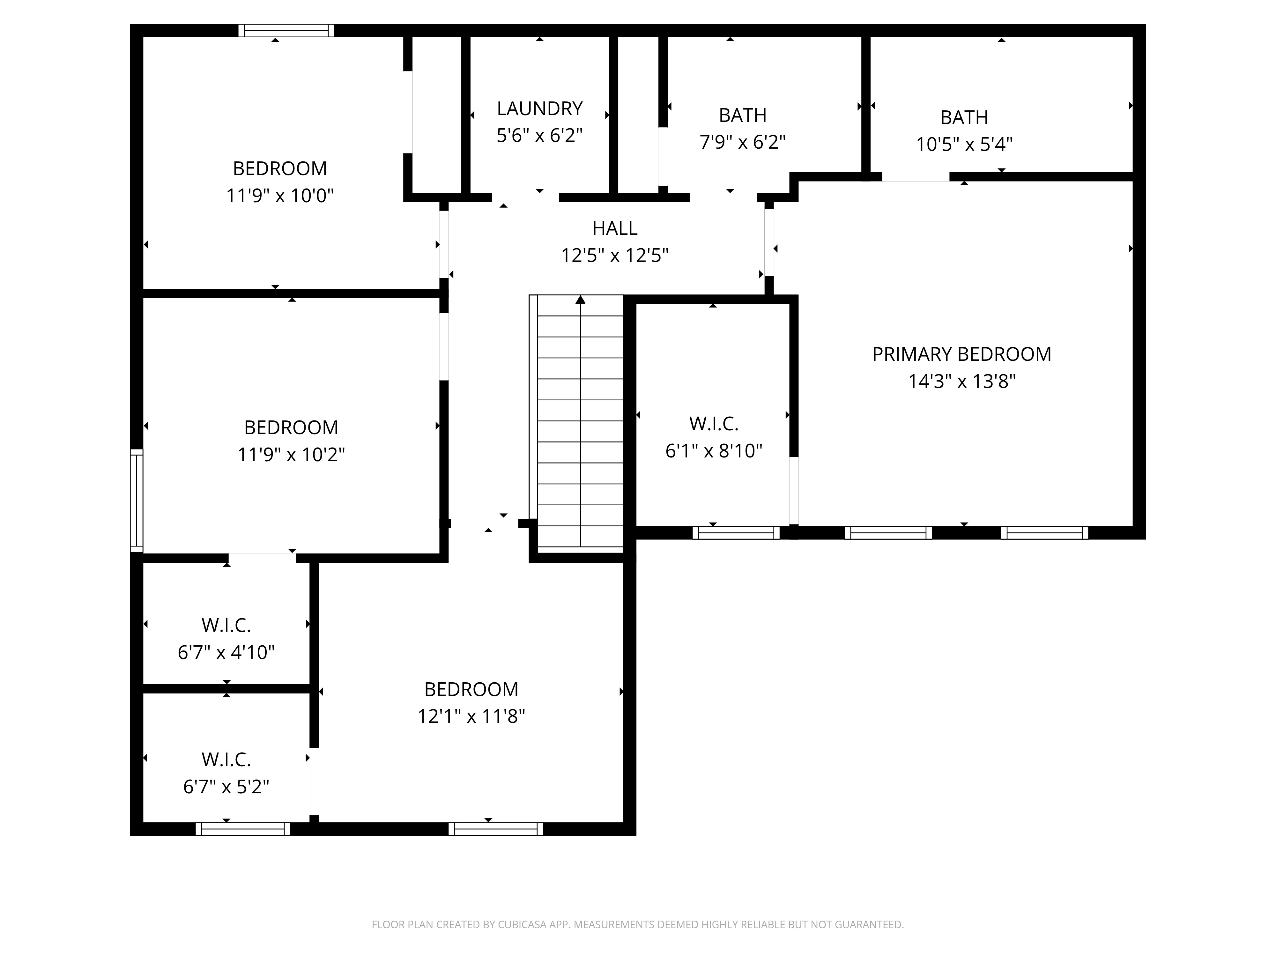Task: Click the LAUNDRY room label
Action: coord(539,108)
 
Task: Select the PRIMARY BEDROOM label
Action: coord(961,354)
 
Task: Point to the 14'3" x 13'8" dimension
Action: coord(961,381)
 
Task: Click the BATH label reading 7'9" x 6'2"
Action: coord(742,115)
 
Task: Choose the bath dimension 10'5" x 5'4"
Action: coord(964,144)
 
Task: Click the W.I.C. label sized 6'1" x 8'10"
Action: coord(714,424)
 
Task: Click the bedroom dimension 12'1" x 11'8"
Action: coord(471,716)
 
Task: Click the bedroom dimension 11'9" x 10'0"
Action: coord(280,196)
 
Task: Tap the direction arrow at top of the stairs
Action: coord(580,300)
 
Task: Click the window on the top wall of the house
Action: coord(286,31)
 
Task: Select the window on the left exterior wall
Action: coord(136,500)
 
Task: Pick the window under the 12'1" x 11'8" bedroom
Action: coord(495,829)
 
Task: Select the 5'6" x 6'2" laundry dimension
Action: coord(539,136)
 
